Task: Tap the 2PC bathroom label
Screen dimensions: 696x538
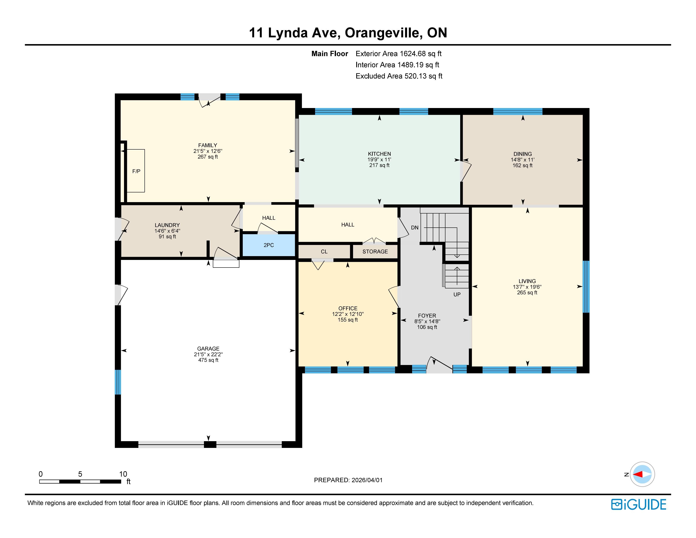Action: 269,245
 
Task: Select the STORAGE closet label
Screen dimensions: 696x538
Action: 375,251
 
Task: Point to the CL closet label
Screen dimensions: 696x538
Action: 324,251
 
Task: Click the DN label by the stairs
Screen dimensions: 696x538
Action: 415,228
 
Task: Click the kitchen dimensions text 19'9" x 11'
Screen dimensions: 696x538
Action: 379,159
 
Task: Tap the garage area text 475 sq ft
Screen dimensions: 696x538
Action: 208,360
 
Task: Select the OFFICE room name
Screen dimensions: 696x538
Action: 348,308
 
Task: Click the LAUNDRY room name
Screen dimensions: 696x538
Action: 167,225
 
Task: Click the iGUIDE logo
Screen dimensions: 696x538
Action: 639,504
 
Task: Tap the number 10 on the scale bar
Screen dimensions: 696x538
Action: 123,474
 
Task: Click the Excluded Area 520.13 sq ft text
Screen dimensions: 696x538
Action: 399,76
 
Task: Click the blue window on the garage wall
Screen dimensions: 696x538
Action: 118,382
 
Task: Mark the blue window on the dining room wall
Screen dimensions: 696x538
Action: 518,111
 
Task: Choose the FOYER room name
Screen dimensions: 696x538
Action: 427,316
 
